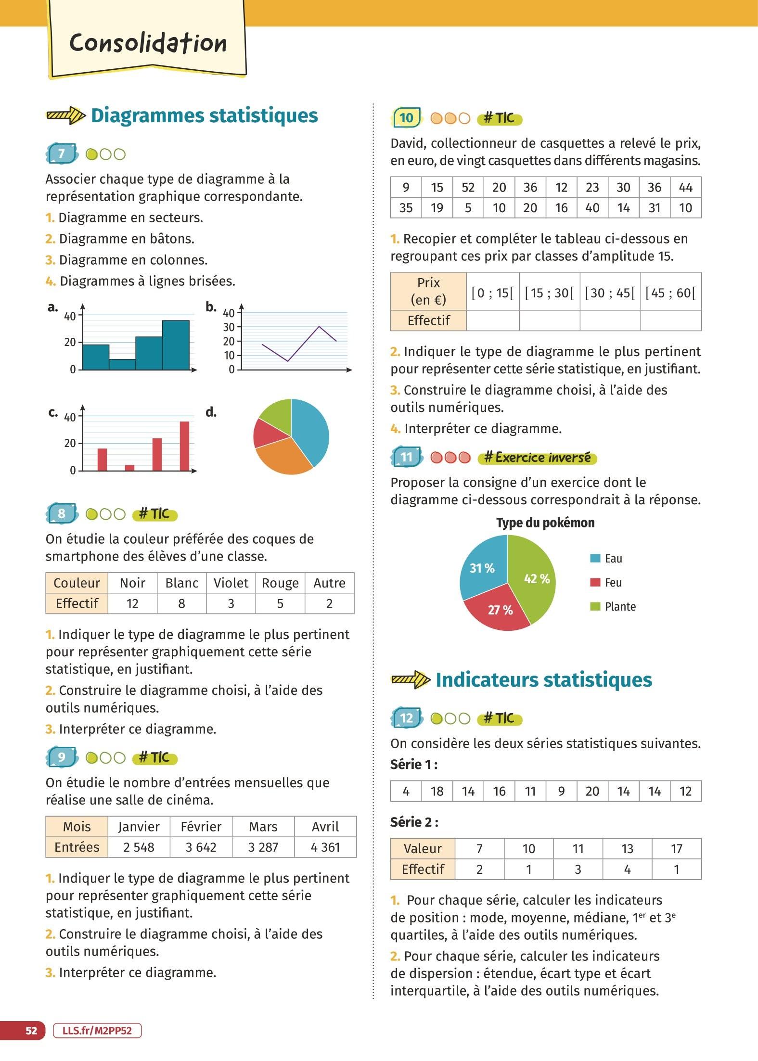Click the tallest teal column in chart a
coord(176,345)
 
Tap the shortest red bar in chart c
coord(129,467)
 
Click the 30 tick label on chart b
coord(229,327)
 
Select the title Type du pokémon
coord(545,523)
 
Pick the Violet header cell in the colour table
coord(231,583)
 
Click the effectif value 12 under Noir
coord(132,603)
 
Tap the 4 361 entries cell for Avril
coord(325,847)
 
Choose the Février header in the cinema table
coord(201,827)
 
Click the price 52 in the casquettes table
coord(468,188)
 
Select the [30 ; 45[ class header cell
coord(610,293)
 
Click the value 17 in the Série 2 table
coord(676,849)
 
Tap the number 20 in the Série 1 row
coord(592,792)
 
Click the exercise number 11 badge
coord(407,457)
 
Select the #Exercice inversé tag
coord(537,458)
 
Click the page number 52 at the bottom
coord(31,1031)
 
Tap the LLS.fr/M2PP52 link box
coord(97,1031)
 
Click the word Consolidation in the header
coord(148,44)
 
